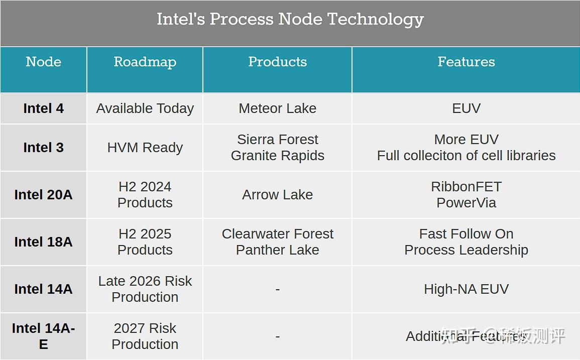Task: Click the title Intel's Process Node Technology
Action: click(x=290, y=20)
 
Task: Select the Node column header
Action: click(x=43, y=62)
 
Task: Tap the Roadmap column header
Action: click(x=145, y=62)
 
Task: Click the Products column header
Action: click(x=277, y=62)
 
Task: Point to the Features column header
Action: click(x=466, y=62)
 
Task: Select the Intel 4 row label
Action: click(x=43, y=108)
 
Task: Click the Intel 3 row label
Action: click(x=43, y=148)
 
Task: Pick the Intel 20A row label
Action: click(x=43, y=195)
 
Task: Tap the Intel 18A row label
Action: click(x=43, y=242)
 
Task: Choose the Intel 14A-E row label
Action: click(x=43, y=336)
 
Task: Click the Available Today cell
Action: click(x=145, y=108)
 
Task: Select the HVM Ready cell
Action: click(x=145, y=148)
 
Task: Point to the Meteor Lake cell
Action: click(x=277, y=108)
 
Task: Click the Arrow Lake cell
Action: click(x=277, y=195)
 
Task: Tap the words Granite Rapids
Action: click(x=277, y=156)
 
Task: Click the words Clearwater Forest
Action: click(x=277, y=234)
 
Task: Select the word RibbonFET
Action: click(x=466, y=187)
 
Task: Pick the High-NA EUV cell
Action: click(x=466, y=289)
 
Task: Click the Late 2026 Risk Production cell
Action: click(x=145, y=289)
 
